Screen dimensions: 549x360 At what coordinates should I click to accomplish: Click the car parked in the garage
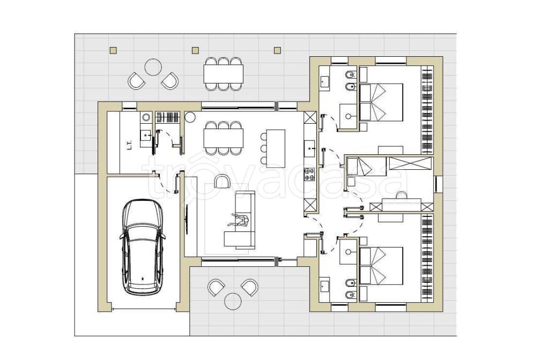point(143,247)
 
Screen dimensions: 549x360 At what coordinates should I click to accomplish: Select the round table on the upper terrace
point(153,67)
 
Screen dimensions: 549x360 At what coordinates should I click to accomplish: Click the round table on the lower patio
point(232,301)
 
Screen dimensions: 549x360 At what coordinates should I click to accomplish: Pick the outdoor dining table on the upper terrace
point(224,74)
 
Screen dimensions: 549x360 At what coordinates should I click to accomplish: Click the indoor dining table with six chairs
point(224,138)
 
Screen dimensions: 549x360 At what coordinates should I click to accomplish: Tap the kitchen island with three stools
point(276,148)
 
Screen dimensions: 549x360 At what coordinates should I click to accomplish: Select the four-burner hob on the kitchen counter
point(309,174)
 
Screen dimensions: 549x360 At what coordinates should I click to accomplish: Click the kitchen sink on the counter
point(309,148)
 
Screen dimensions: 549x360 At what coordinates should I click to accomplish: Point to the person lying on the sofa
point(240,221)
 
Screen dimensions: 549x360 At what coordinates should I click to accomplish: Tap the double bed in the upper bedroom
point(381,102)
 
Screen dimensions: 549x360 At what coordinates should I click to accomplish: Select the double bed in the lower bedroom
point(381,266)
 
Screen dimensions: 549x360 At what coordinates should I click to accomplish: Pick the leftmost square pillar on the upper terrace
point(113,50)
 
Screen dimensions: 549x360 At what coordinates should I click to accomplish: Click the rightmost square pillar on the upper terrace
point(277,50)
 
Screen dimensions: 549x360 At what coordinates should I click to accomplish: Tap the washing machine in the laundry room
point(146,117)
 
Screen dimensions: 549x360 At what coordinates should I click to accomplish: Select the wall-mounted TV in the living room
point(187,220)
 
